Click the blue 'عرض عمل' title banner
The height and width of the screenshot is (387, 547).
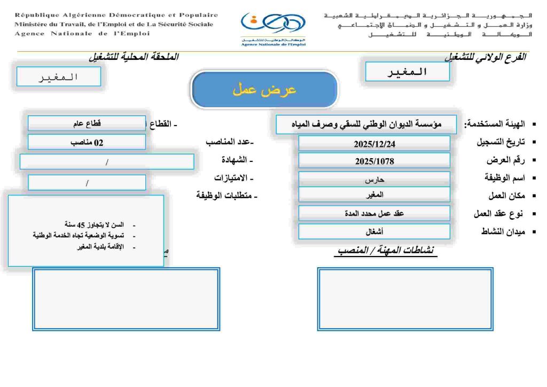[264, 90]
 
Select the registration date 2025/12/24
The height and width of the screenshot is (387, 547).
[374, 144]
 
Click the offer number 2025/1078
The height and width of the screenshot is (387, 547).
[374, 161]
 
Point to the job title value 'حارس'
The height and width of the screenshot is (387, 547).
[374, 180]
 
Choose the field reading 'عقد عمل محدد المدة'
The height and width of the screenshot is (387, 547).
[374, 213]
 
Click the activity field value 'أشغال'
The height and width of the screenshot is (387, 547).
[374, 232]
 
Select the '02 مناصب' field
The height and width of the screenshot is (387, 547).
[87, 143]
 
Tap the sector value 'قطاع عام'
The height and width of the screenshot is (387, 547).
[87, 123]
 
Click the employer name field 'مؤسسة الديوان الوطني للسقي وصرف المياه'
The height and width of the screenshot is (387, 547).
[366, 125]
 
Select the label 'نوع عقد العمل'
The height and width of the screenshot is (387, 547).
[495, 214]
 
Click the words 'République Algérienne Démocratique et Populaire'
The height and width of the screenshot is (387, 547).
[116, 15]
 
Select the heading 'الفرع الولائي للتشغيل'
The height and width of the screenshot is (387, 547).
[485, 57]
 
